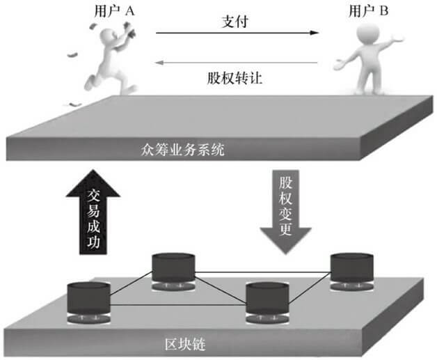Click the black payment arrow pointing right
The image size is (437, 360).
237,33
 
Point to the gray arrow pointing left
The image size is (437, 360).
237,62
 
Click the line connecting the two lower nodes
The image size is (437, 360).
178,304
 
